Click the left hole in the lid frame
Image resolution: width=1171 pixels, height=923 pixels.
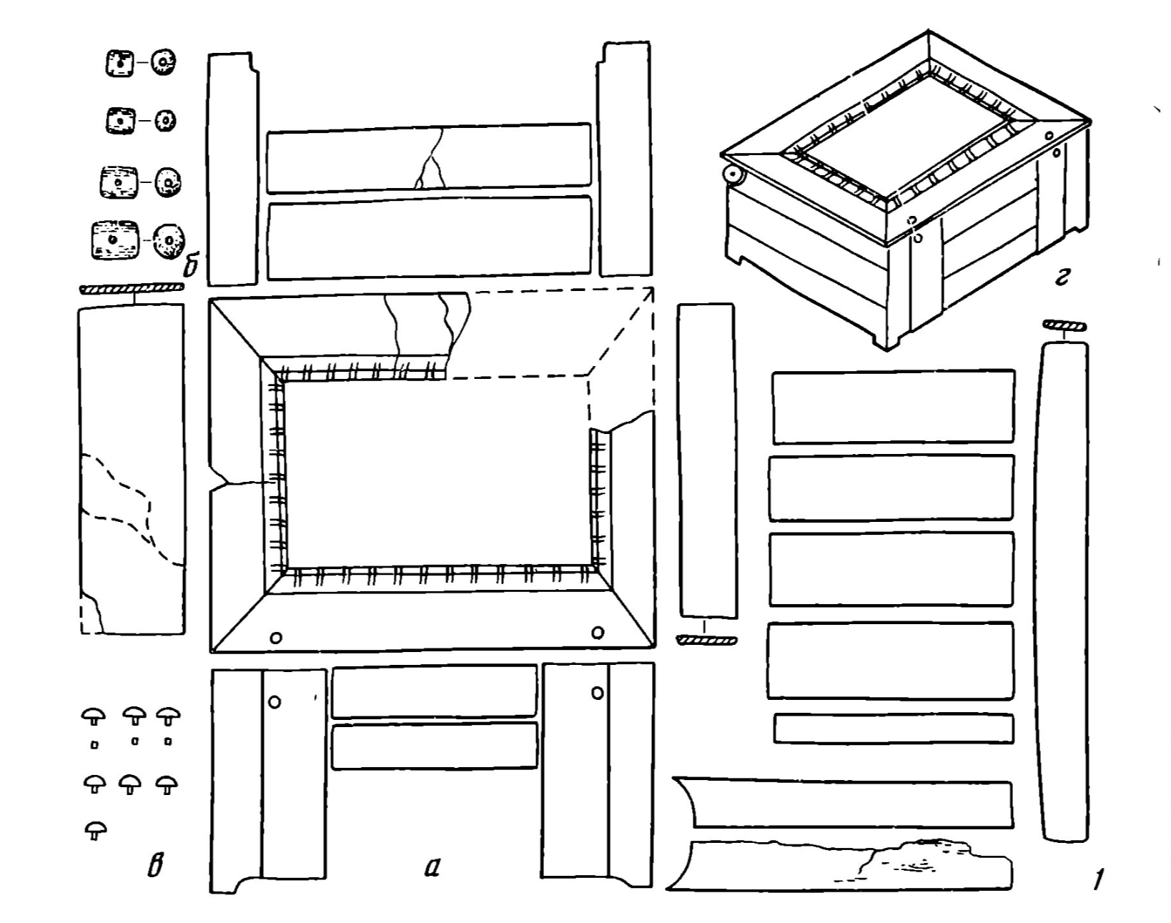coord(275,636)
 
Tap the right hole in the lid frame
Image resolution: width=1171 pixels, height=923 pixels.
coord(598,632)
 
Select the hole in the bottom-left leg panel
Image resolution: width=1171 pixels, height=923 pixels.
coord(274,701)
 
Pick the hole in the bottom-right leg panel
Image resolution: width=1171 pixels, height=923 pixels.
coord(598,692)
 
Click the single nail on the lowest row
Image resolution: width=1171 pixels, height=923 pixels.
coord(94,829)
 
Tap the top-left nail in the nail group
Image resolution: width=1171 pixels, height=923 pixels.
coord(94,715)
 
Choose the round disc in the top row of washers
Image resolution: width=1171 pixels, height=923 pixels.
coord(163,63)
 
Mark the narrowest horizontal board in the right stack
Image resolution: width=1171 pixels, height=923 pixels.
coord(894,729)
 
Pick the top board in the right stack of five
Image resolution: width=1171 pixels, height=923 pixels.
coord(894,406)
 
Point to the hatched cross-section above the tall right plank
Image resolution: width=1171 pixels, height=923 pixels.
coord(1064,327)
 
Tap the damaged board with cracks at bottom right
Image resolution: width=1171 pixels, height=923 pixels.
coord(844,865)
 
